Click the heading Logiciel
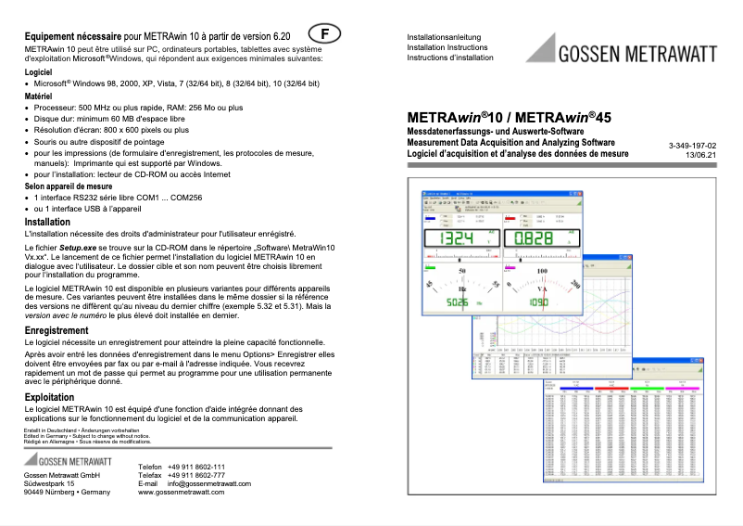pyautogui.click(x=39, y=71)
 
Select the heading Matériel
pyautogui.click(x=38, y=96)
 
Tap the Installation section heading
pyautogui.click(x=47, y=222)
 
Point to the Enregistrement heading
pyautogui.click(x=57, y=330)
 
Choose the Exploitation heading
pyautogui.click(x=49, y=396)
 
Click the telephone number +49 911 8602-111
pyautogui.click(x=196, y=467)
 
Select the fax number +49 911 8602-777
pyautogui.click(x=196, y=475)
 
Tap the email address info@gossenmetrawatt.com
pyautogui.click(x=209, y=483)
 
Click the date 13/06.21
pyautogui.click(x=700, y=156)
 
